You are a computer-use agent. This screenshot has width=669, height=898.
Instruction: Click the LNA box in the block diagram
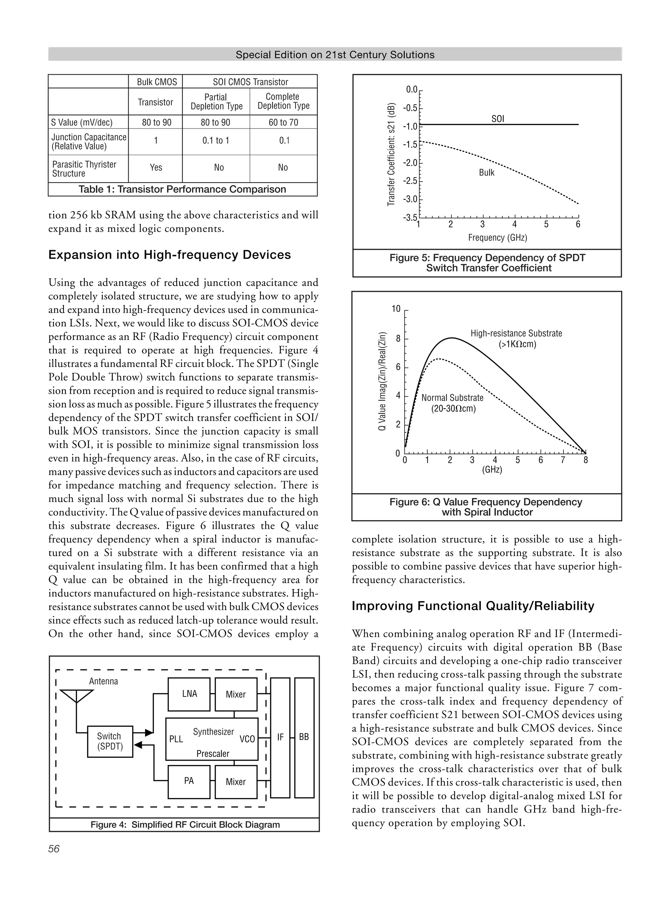[x=189, y=694]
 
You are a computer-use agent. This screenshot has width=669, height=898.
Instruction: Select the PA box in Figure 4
[x=189, y=781]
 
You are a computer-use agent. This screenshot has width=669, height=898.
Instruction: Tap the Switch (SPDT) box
[x=110, y=741]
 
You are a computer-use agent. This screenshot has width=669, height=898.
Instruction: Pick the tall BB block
[x=304, y=737]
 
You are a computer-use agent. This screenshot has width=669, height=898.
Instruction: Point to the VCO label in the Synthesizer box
[x=247, y=739]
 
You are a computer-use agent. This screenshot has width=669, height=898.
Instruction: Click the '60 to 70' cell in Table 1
[x=283, y=122]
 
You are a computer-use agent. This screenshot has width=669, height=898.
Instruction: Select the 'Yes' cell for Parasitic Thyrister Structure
[x=155, y=167]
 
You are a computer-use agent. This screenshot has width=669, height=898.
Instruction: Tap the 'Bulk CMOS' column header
[x=157, y=82]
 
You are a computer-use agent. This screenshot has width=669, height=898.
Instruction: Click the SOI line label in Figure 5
[x=498, y=119]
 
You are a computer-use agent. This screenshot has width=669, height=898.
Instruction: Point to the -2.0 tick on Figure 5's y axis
[x=412, y=163]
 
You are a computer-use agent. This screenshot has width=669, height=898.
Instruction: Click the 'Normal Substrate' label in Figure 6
[x=452, y=398]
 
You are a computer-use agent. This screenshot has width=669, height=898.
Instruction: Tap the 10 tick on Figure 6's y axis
[x=396, y=309]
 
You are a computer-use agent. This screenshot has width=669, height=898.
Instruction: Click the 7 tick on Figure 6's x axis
[x=563, y=460]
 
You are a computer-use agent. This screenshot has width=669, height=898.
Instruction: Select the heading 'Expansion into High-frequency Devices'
[x=169, y=255]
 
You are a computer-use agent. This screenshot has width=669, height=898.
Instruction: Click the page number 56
[x=54, y=849]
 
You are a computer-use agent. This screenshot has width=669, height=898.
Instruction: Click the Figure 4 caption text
[x=185, y=825]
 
